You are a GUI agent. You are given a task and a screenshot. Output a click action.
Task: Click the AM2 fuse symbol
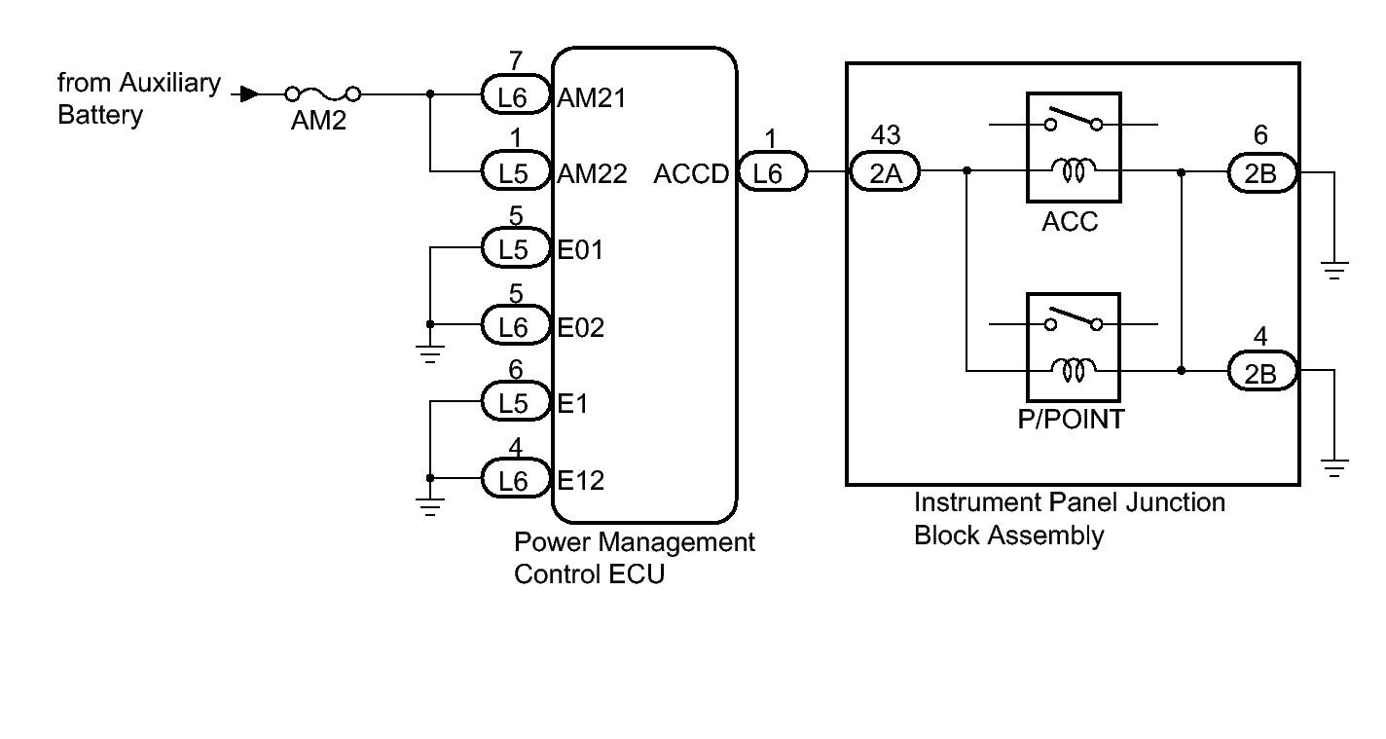pyautogui.click(x=322, y=94)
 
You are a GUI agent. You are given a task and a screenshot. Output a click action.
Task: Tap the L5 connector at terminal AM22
pyautogui.click(x=513, y=173)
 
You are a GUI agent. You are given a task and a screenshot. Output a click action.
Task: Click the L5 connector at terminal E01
pyautogui.click(x=513, y=249)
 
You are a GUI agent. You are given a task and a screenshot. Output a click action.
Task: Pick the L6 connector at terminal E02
pyautogui.click(x=513, y=326)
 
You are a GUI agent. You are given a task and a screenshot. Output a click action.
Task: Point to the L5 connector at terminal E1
pyautogui.click(x=513, y=402)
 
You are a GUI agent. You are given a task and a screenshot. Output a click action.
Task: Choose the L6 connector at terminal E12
pyautogui.click(x=513, y=479)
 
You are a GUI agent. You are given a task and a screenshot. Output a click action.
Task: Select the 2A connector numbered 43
pyautogui.click(x=886, y=172)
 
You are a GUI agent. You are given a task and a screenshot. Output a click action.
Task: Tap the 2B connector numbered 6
pyautogui.click(x=1261, y=172)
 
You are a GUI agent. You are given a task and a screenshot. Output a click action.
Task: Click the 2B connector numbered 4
pyautogui.click(x=1261, y=371)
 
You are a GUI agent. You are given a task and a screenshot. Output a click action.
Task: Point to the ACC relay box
pyautogui.click(x=1073, y=148)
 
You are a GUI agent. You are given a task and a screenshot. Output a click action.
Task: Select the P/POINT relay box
pyautogui.click(x=1073, y=347)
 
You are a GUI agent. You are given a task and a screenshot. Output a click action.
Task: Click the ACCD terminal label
pyautogui.click(x=691, y=174)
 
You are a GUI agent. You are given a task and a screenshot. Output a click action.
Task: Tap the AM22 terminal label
pyautogui.click(x=593, y=174)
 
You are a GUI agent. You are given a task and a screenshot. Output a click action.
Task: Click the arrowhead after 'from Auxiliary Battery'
pyautogui.click(x=249, y=94)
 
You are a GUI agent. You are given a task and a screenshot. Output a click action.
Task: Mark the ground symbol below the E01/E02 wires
pyautogui.click(x=430, y=352)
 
